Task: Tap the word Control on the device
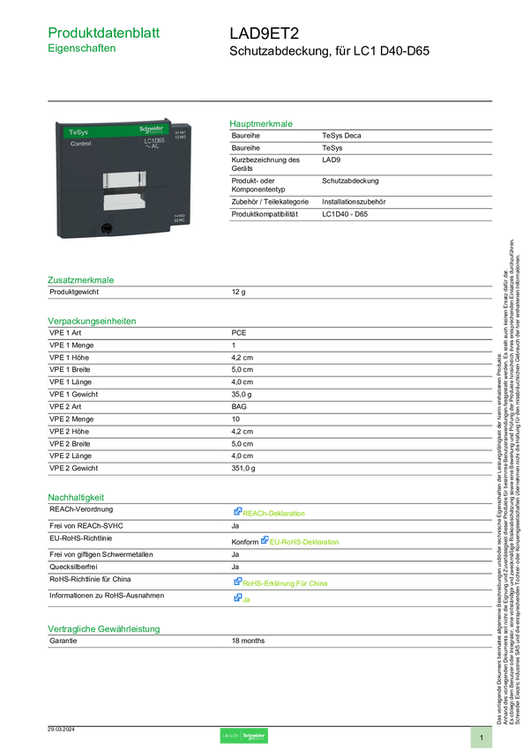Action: [x=69, y=155]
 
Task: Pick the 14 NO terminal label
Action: [x=180, y=217]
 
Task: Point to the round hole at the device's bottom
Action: [x=106, y=230]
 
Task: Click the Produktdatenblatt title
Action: [x=104, y=33]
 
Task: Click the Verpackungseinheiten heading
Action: [x=91, y=321]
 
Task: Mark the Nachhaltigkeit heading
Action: [x=76, y=497]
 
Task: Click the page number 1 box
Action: [x=481, y=737]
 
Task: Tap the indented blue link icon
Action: [x=264, y=541]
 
